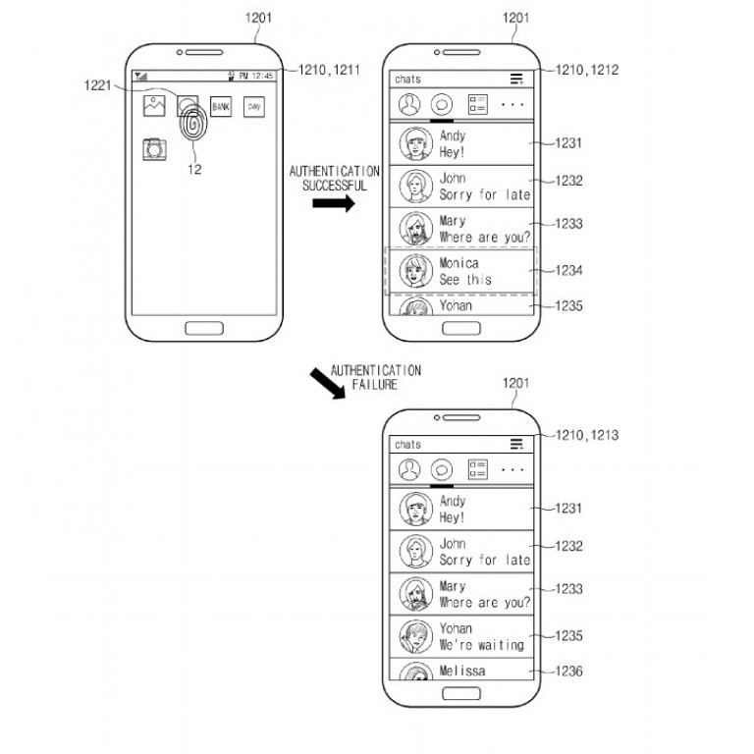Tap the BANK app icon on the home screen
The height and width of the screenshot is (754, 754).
click(221, 106)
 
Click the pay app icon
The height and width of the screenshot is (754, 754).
click(254, 106)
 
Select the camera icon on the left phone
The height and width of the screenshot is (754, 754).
click(154, 149)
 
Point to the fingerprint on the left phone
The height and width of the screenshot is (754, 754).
click(192, 128)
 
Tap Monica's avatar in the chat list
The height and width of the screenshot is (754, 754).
click(416, 271)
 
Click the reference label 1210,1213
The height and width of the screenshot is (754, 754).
click(586, 434)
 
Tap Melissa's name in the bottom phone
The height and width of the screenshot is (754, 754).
click(461, 671)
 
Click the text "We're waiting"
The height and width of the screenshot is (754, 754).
click(481, 645)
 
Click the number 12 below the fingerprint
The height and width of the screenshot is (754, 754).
click(194, 169)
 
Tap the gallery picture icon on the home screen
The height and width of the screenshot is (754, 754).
click(154, 105)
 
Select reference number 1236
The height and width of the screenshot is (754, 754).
click(568, 672)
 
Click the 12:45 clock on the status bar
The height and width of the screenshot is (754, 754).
click(261, 76)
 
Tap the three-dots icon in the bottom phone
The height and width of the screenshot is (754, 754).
click(512, 470)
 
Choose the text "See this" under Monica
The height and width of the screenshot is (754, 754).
click(465, 280)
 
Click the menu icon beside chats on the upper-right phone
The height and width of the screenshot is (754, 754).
click(516, 79)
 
